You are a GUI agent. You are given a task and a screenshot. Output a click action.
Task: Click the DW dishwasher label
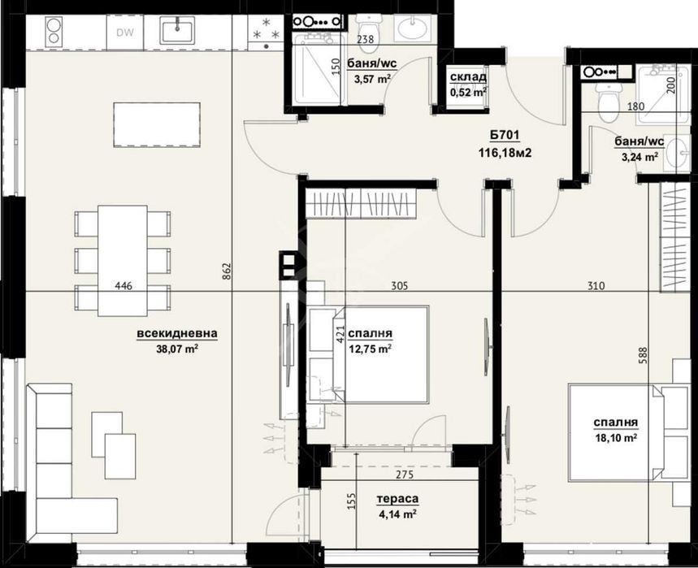click(125, 33)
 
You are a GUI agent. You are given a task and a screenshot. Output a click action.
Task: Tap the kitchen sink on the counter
click(178, 30)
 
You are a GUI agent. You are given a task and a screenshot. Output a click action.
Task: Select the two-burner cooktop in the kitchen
click(53, 32)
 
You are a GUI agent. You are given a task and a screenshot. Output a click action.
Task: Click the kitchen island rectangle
click(157, 124)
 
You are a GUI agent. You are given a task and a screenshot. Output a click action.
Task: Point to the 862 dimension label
click(226, 272)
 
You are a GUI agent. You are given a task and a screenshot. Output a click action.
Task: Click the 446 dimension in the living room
click(124, 286)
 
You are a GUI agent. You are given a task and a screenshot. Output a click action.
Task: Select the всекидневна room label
click(177, 333)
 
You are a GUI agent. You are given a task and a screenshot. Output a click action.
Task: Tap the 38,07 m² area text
click(177, 349)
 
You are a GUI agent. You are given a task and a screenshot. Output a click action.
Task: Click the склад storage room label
click(468, 77)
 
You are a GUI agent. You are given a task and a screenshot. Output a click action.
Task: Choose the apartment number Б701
click(505, 135)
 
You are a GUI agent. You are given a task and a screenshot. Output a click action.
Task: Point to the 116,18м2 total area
click(505, 153)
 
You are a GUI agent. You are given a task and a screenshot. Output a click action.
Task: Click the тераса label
click(397, 499)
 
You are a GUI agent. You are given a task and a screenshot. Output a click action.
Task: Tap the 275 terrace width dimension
click(404, 475)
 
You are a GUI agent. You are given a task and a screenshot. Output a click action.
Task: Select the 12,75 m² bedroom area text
click(371, 349)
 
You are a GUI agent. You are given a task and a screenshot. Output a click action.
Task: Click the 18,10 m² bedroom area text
click(616, 437)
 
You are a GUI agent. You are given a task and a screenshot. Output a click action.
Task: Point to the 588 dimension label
click(642, 356)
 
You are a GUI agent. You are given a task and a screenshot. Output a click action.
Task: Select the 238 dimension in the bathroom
click(366, 39)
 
